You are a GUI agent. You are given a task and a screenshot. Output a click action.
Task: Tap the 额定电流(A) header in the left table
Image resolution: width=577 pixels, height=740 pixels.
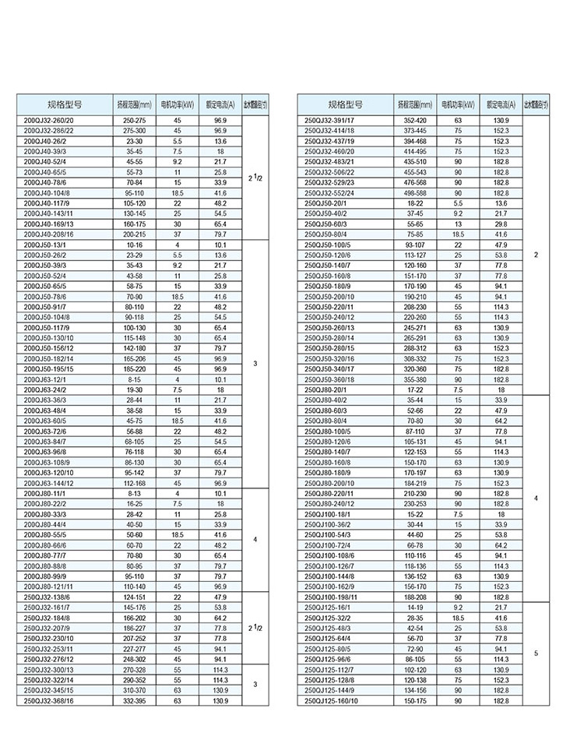click(x=220, y=104)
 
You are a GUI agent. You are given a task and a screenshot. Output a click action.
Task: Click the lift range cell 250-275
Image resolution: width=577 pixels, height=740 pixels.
click(x=135, y=121)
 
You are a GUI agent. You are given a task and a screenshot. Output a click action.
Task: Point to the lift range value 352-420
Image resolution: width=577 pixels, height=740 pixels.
click(x=415, y=121)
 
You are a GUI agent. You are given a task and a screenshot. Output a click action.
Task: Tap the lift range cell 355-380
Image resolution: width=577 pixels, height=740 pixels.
click(x=415, y=379)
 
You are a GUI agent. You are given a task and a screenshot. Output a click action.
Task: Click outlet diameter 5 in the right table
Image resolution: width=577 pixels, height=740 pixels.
click(x=537, y=653)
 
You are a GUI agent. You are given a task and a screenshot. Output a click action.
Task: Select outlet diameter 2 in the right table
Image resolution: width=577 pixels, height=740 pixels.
click(x=537, y=255)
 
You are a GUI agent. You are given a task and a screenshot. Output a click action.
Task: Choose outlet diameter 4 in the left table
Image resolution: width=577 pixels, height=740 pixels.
click(x=255, y=539)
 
